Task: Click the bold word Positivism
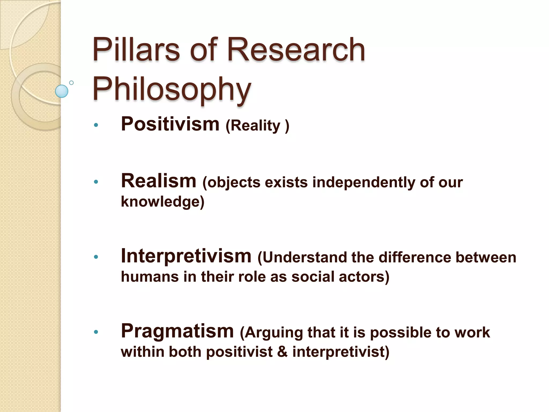(x=170, y=124)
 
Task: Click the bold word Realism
(x=159, y=181)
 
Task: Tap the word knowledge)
(x=162, y=201)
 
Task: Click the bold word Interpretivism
(x=186, y=256)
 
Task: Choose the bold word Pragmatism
(x=177, y=331)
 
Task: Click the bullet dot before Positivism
(x=96, y=125)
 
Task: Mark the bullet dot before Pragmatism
(x=96, y=332)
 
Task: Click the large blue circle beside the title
(x=62, y=91)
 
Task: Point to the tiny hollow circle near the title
(x=71, y=83)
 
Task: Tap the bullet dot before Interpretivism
(x=96, y=257)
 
